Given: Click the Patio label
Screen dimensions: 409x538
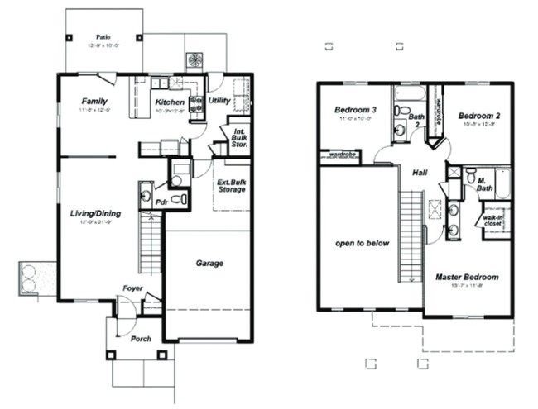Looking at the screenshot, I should [103, 37].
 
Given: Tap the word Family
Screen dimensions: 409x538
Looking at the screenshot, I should [95, 101].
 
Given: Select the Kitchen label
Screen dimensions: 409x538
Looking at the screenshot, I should [170, 102].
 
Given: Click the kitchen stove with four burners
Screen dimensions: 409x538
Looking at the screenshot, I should [197, 103].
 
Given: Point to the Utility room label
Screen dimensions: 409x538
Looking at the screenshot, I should [219, 101].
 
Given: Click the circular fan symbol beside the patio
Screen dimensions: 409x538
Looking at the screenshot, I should [197, 60].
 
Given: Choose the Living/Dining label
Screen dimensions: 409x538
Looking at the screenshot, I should [95, 214].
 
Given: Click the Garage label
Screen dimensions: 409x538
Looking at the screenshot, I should [209, 264].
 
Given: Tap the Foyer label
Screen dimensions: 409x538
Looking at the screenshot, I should [132, 288].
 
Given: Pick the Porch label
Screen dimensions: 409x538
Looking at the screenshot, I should [141, 338].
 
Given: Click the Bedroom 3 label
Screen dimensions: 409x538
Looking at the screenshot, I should [355, 110].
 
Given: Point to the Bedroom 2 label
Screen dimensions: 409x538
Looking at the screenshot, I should [480, 115].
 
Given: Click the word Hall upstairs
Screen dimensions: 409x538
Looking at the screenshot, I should [418, 173].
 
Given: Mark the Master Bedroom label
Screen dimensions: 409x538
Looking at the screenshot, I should [467, 277].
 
